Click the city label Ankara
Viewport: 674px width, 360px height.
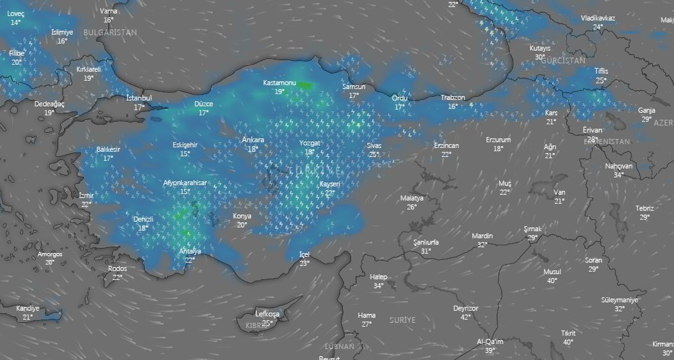tap(253, 140)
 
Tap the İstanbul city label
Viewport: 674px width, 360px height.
tap(139, 98)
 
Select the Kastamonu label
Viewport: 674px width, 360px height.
tap(279, 83)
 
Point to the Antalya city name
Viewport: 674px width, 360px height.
tap(190, 251)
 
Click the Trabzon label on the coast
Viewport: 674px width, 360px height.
tap(452, 97)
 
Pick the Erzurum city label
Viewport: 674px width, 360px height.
tap(498, 140)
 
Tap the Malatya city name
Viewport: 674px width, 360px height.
tap(411, 198)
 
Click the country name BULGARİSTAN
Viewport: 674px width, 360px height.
tap(110, 32)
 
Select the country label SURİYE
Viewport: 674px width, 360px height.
tap(402, 319)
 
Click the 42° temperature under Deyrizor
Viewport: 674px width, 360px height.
tap(465, 316)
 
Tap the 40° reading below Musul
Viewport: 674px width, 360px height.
tap(552, 281)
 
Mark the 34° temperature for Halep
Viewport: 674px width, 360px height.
tap(379, 286)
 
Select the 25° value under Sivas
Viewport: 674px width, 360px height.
tap(374, 154)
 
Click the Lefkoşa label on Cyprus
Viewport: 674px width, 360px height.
tap(267, 314)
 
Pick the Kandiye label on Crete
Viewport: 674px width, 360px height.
tap(28, 308)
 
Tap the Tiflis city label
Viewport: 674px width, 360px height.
tap(600, 71)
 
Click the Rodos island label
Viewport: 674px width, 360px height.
tap(117, 268)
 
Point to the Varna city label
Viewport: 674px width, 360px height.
tap(109, 12)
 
